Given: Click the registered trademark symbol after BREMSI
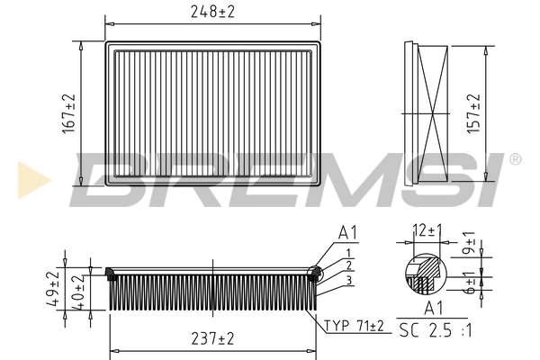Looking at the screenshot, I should (515, 159).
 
